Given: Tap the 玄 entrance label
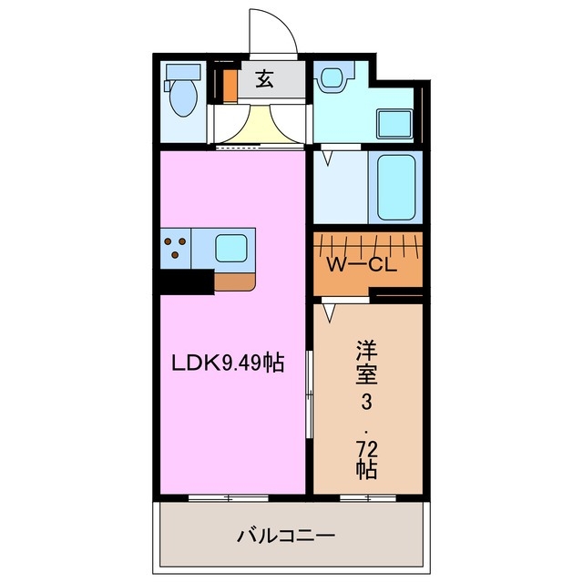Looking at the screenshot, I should [x=264, y=80].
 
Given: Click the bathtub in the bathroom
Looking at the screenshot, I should [x=396, y=187].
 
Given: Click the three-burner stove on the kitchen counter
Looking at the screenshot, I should [x=179, y=247].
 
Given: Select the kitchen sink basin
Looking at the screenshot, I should [x=230, y=247].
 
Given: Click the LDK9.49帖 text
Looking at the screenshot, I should [x=229, y=363].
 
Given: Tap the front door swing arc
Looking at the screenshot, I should [x=273, y=27].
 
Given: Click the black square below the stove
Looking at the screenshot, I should [x=186, y=281].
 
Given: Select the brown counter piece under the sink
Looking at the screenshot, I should [x=234, y=280].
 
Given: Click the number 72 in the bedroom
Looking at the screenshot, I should [x=367, y=447].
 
